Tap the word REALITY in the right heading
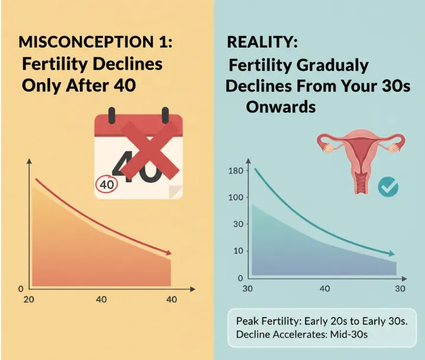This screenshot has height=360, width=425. tap(254, 43)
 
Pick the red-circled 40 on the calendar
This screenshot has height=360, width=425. tap(107, 184)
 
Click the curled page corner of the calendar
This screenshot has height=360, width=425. tap(174, 191)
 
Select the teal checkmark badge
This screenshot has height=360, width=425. tap(388, 187)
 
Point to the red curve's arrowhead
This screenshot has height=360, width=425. tap(170, 251)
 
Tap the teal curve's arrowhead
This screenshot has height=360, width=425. tap(392, 254)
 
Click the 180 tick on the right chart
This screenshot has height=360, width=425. tap(236, 171)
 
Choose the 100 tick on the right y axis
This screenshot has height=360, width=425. tap(236, 197)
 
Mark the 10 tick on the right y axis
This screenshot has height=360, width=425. tap(238, 251)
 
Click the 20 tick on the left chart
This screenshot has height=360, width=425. tap(28, 300)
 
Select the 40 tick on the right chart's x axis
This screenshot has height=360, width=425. tap(325, 289)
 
